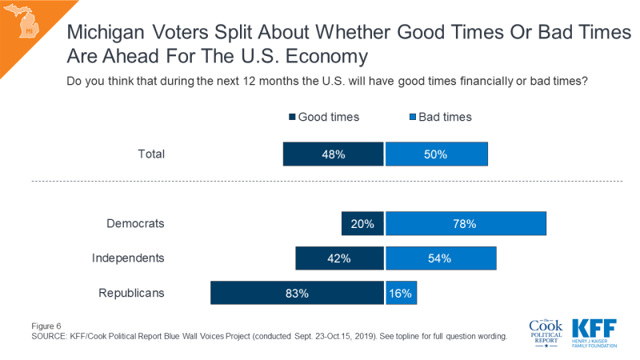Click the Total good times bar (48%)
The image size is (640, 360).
click(x=334, y=154)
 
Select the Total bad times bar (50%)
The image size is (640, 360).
click(x=437, y=154)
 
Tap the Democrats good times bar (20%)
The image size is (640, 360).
click(x=362, y=224)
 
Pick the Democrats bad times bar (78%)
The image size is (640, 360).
click(x=466, y=224)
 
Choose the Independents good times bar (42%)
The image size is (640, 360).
click(x=340, y=258)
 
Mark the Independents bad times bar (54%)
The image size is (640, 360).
click(x=441, y=258)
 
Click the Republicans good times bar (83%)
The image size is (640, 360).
click(x=297, y=293)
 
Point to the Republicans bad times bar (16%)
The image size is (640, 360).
click(x=401, y=293)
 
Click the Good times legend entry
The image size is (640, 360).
click(x=323, y=117)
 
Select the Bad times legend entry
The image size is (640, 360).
click(x=440, y=117)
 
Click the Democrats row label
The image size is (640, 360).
click(x=135, y=224)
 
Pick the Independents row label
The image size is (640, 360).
click(x=128, y=258)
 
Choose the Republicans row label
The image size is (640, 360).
click(x=131, y=293)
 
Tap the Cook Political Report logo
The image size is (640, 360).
click(x=546, y=331)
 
